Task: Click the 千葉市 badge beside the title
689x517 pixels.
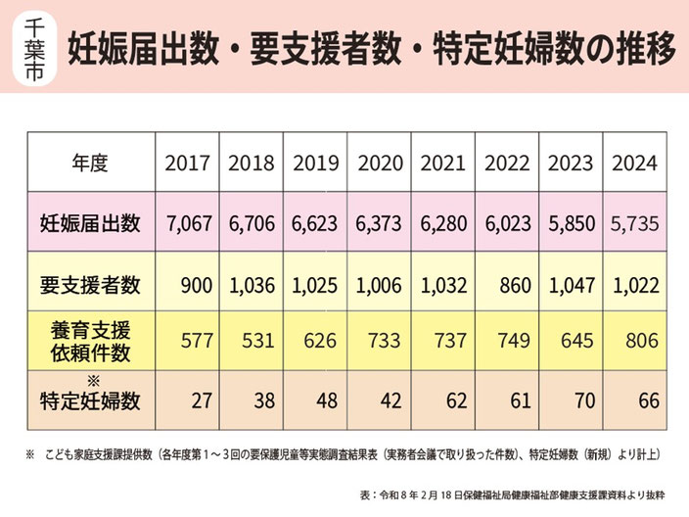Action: coord(35,47)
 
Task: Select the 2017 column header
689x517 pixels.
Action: coord(187,164)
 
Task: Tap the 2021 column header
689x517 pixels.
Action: coord(443,164)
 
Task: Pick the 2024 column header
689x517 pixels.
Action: coord(635,164)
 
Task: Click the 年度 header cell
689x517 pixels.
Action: coord(90,164)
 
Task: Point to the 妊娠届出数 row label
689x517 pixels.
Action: coord(90,223)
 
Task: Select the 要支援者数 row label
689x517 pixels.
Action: coord(90,285)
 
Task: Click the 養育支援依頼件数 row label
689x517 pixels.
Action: coord(90,341)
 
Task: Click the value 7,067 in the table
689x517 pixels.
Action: coord(190,224)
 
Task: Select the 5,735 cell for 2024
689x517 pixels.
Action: coord(635,224)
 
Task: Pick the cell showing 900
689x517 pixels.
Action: coord(197,286)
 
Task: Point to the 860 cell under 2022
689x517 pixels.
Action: coord(516,286)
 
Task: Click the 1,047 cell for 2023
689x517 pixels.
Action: coord(573,286)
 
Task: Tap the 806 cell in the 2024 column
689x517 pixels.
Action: coord(642,341)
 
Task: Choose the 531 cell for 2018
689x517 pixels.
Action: coord(258,341)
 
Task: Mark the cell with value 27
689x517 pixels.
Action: coord(203,400)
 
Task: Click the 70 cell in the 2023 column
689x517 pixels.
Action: coord(585,400)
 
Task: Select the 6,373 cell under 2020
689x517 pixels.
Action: coord(379,224)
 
